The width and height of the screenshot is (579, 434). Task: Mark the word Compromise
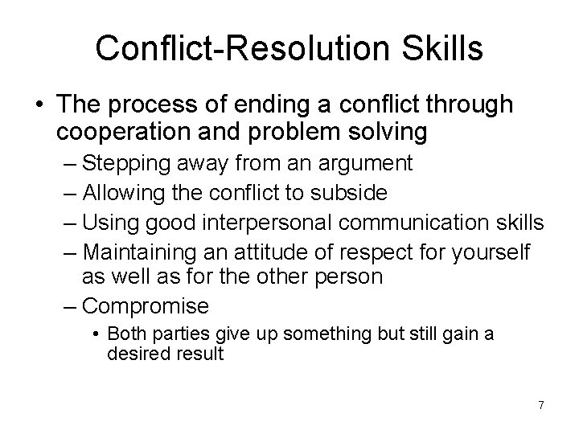click(x=146, y=306)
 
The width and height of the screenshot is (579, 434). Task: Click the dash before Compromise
click(x=69, y=306)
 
